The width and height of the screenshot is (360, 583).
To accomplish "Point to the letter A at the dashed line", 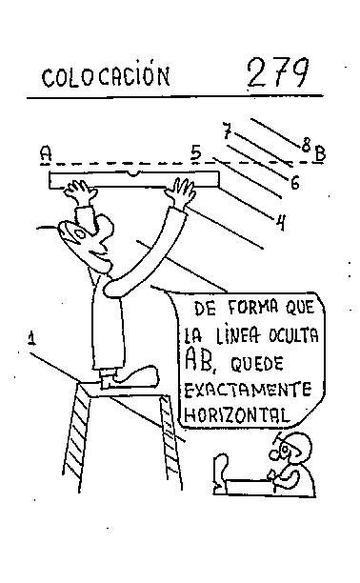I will pyautogui.click(x=46, y=152).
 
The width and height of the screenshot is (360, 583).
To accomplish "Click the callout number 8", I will pyautogui.click(x=305, y=145).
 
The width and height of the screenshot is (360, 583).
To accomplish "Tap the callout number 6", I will pyautogui.click(x=295, y=181).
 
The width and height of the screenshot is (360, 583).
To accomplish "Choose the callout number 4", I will pyautogui.click(x=281, y=224).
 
